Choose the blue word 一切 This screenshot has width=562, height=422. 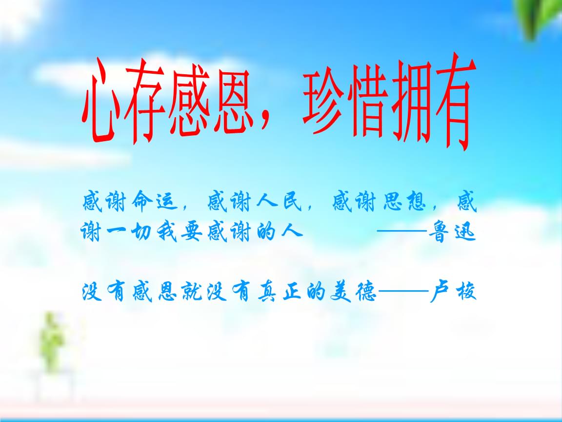pyautogui.click(x=127, y=234)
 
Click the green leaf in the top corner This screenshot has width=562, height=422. pyautogui.click(x=539, y=17)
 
